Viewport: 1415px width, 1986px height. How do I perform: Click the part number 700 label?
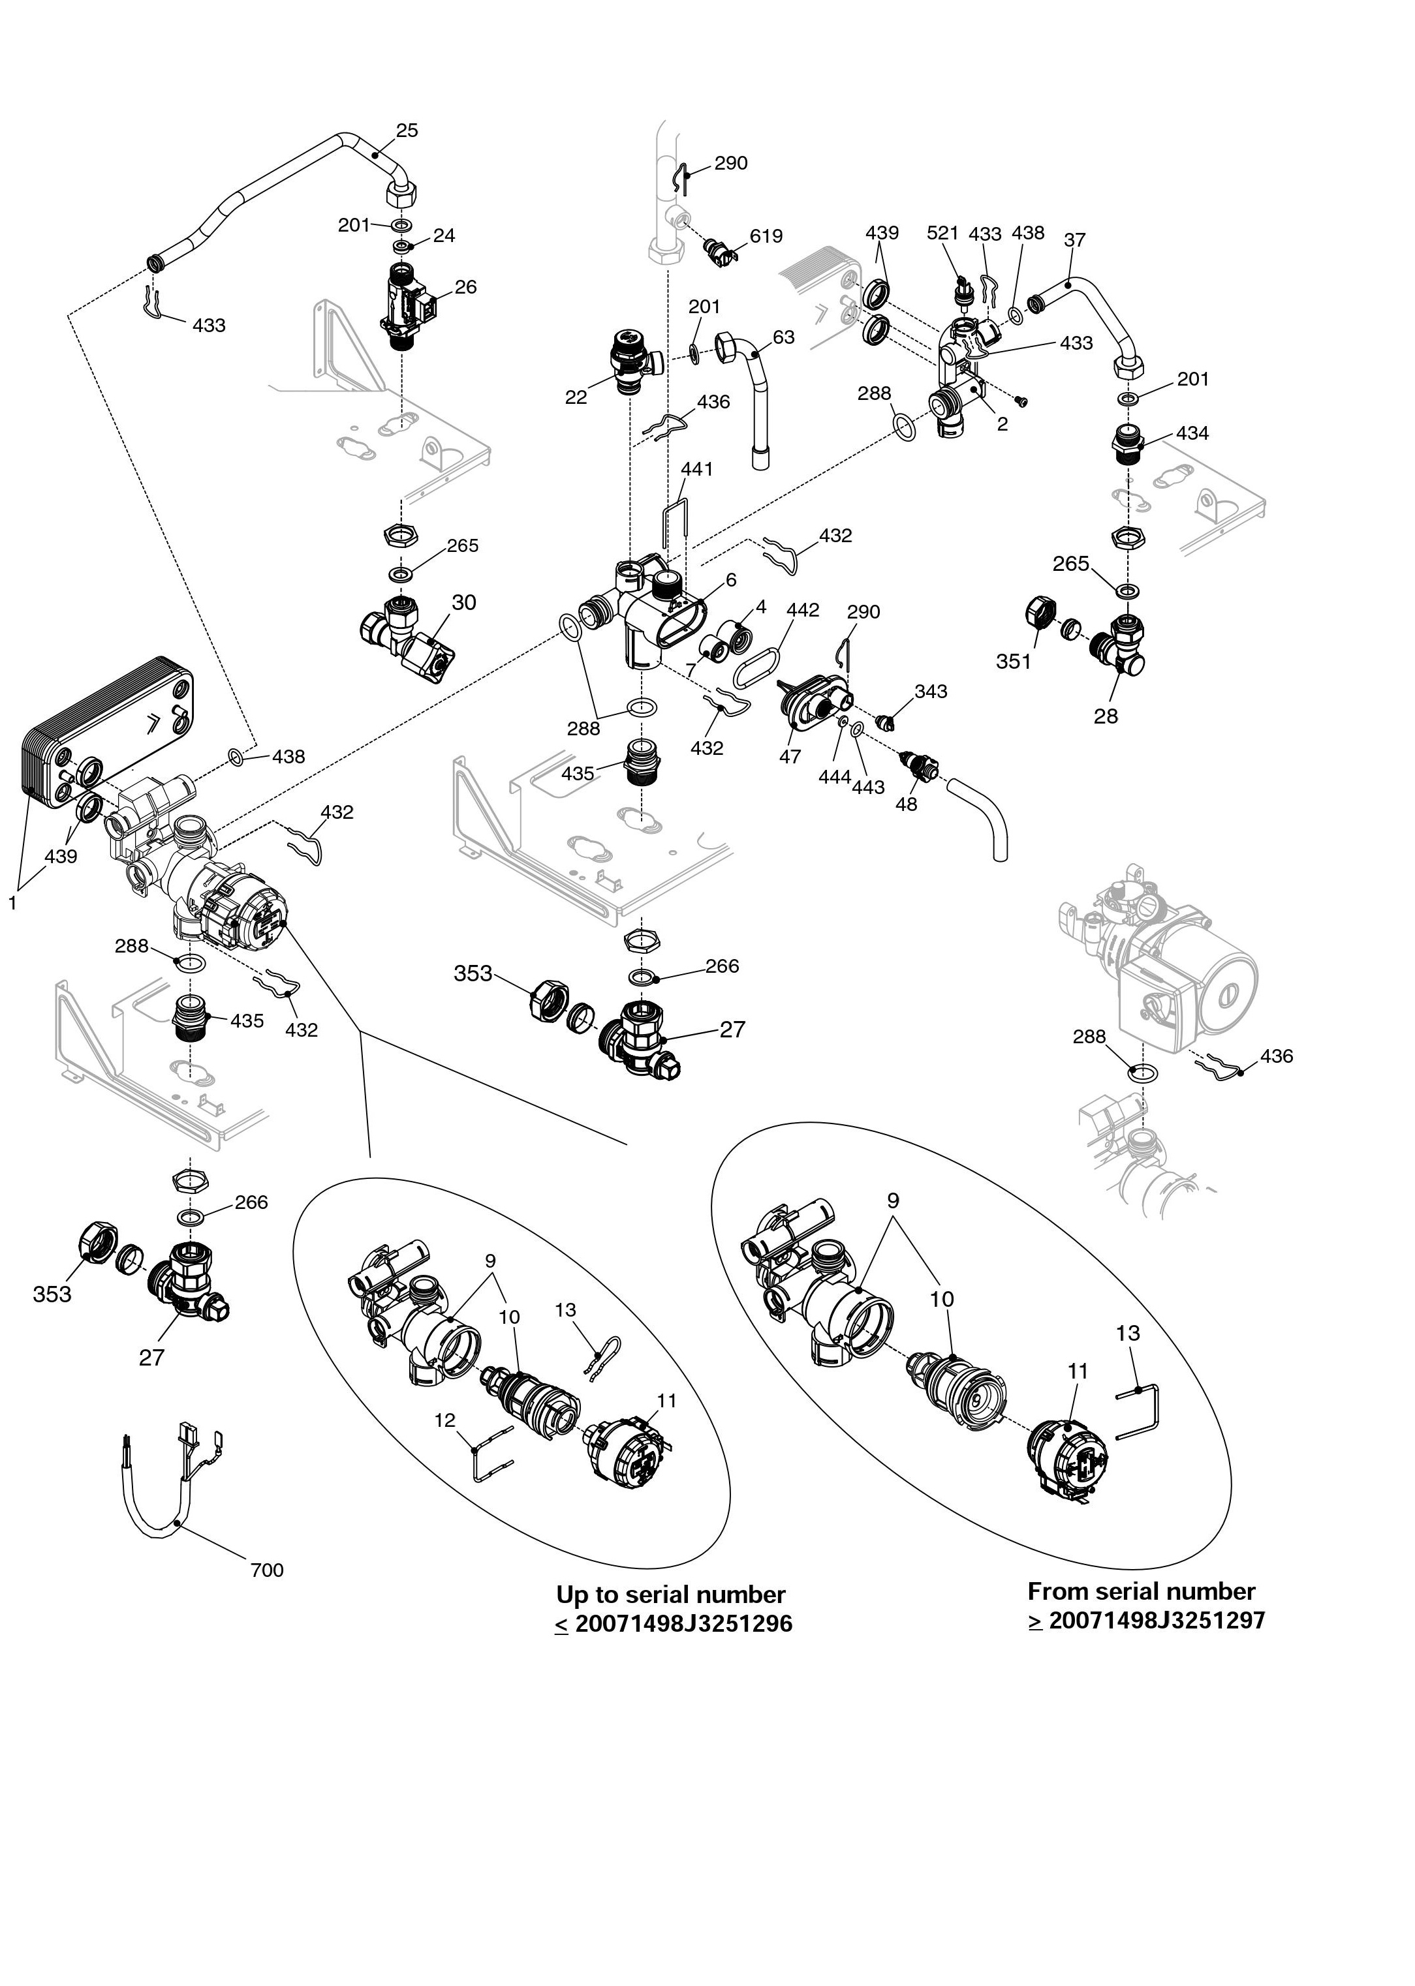click(x=267, y=1570)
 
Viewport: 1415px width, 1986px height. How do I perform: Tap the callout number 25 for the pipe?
click(x=407, y=130)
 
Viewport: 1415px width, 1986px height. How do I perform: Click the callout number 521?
click(x=942, y=234)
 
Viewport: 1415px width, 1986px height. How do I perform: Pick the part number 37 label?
click(x=1075, y=239)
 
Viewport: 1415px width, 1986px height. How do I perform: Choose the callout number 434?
click(x=1192, y=433)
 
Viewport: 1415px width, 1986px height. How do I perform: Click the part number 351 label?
click(x=1014, y=662)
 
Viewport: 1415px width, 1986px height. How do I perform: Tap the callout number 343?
click(x=931, y=692)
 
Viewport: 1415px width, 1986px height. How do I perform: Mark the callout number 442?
click(x=803, y=611)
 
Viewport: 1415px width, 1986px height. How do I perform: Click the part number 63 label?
click(x=783, y=337)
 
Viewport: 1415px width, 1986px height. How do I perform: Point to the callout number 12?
click(x=445, y=1421)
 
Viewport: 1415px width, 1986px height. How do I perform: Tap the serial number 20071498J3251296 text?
click(x=683, y=1624)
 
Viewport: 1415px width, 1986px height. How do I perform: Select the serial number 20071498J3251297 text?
click(x=1157, y=1620)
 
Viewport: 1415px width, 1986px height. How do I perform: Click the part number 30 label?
click(x=463, y=603)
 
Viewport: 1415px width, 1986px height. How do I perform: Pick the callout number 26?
click(x=465, y=288)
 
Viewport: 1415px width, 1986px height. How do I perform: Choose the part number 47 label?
click(x=789, y=757)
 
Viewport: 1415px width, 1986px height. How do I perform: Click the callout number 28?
click(x=1106, y=716)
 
